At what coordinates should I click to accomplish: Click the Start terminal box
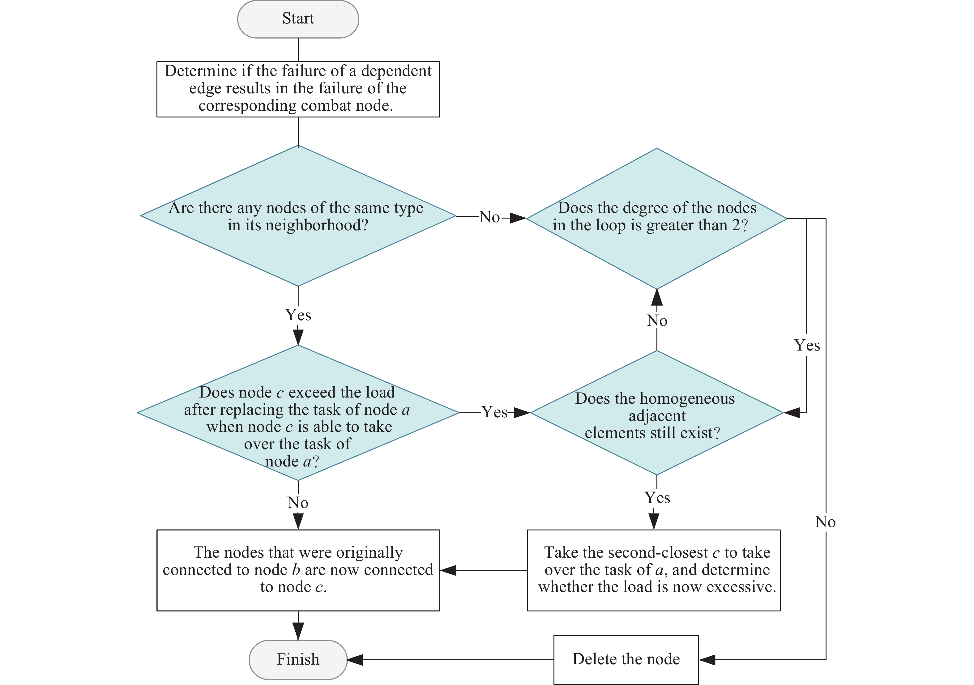point(298,19)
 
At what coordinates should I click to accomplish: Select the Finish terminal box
point(298,660)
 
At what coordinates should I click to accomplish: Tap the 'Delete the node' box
point(626,660)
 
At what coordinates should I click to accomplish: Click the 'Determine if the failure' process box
point(298,89)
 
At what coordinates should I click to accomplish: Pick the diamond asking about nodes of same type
point(298,216)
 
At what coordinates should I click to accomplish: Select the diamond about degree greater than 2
point(657,219)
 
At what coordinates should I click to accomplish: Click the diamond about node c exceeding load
point(298,413)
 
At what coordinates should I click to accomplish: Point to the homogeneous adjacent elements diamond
point(657,413)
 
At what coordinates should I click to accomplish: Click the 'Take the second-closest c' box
point(654,571)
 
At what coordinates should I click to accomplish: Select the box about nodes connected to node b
point(298,571)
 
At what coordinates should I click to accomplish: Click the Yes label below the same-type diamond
point(298,315)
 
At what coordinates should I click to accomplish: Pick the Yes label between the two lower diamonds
point(495,412)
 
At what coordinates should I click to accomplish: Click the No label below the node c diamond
point(298,503)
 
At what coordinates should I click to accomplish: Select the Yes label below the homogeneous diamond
point(657,498)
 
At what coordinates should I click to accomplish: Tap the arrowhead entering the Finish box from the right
point(355,660)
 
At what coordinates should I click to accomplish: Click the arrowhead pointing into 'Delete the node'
point(707,660)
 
